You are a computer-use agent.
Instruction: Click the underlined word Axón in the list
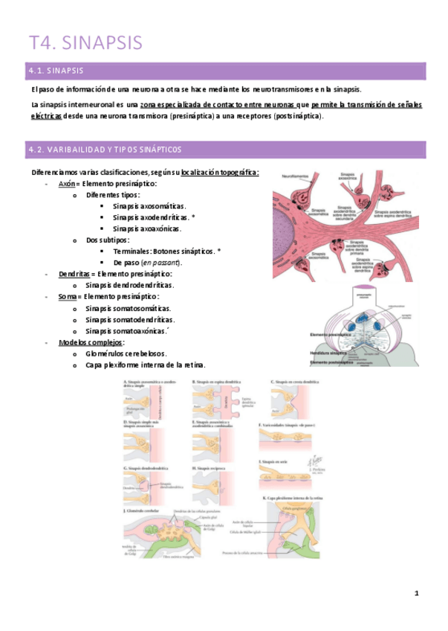[x=66, y=184]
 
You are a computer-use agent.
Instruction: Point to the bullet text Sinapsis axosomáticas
[x=149, y=206]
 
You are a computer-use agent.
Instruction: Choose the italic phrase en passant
[x=162, y=263]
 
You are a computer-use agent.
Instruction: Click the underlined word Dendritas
[x=74, y=274]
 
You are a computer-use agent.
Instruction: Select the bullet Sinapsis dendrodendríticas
[x=129, y=285]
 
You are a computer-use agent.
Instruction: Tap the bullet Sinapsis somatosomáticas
[x=128, y=308]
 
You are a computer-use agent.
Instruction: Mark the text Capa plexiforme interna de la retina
[x=146, y=365]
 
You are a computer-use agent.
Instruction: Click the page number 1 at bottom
[x=418, y=593]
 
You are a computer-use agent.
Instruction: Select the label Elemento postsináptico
[x=331, y=362]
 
